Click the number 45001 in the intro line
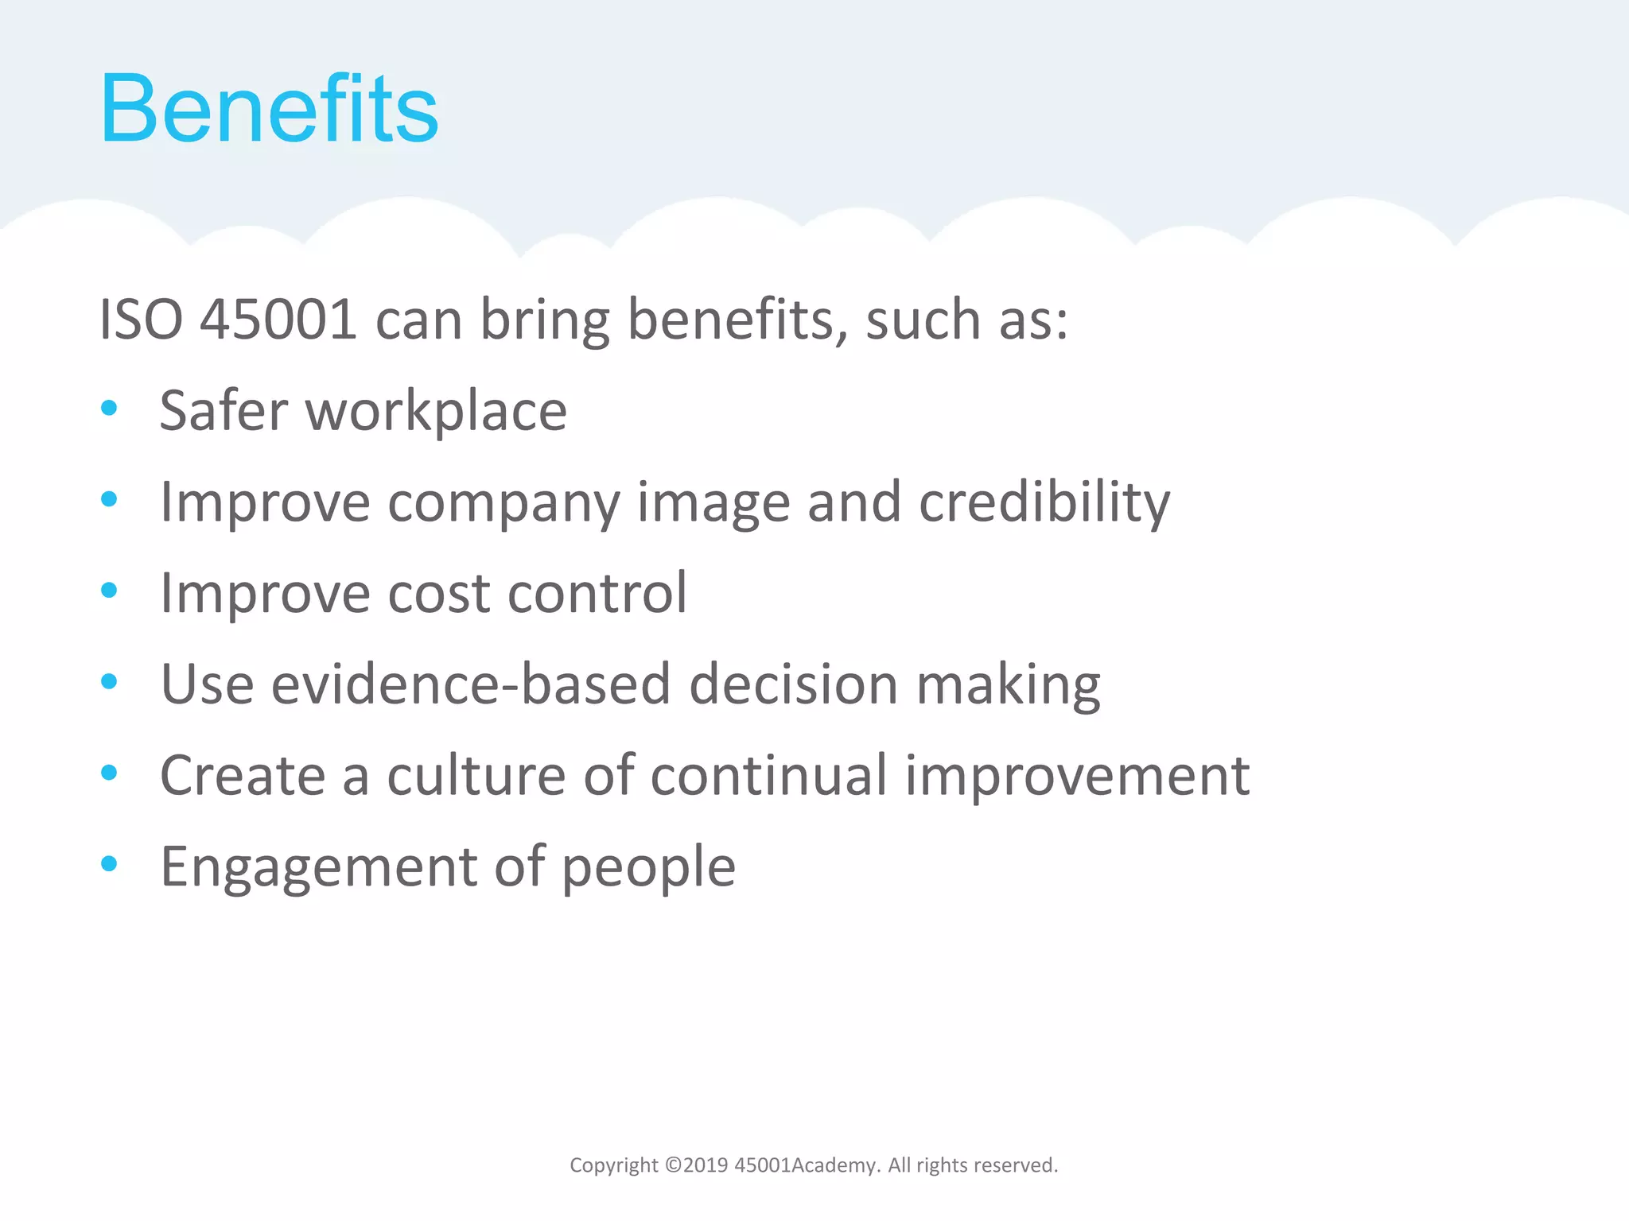coord(278,320)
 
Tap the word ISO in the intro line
coord(140,320)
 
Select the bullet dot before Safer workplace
coord(110,409)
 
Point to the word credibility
coord(1044,502)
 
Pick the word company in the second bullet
coord(503,504)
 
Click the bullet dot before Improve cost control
coord(110,591)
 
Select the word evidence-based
coord(471,684)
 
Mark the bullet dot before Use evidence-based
coord(110,681)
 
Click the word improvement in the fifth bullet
coord(1077,777)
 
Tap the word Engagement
coord(318,868)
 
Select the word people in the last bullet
coord(648,868)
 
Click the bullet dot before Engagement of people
coord(110,863)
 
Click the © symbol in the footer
coord(673,1165)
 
